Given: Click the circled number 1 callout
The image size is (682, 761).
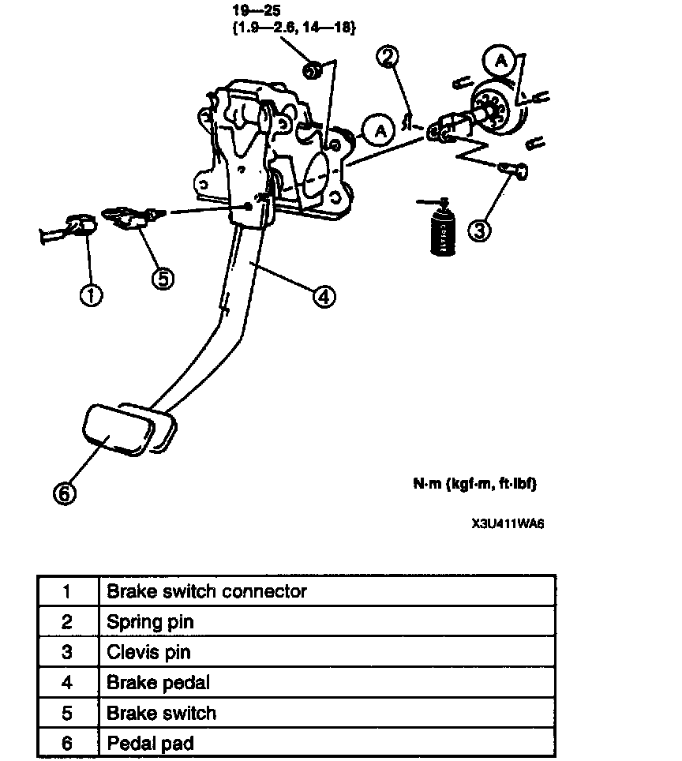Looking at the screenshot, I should point(92,295).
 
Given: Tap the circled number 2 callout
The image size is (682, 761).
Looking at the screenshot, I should point(388,56).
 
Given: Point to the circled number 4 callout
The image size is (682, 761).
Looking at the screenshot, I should point(324,296).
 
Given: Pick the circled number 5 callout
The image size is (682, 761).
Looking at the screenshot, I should point(163,278).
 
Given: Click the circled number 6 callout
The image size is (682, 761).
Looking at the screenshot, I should point(65,493).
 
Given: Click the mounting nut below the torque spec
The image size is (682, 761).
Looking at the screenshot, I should point(311,72).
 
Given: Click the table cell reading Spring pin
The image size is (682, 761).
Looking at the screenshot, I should point(150,621).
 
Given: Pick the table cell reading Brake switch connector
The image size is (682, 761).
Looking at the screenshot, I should point(207,590).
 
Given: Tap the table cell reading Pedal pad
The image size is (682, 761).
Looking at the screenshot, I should point(150,743).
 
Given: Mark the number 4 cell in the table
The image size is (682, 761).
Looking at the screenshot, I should point(66,682).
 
